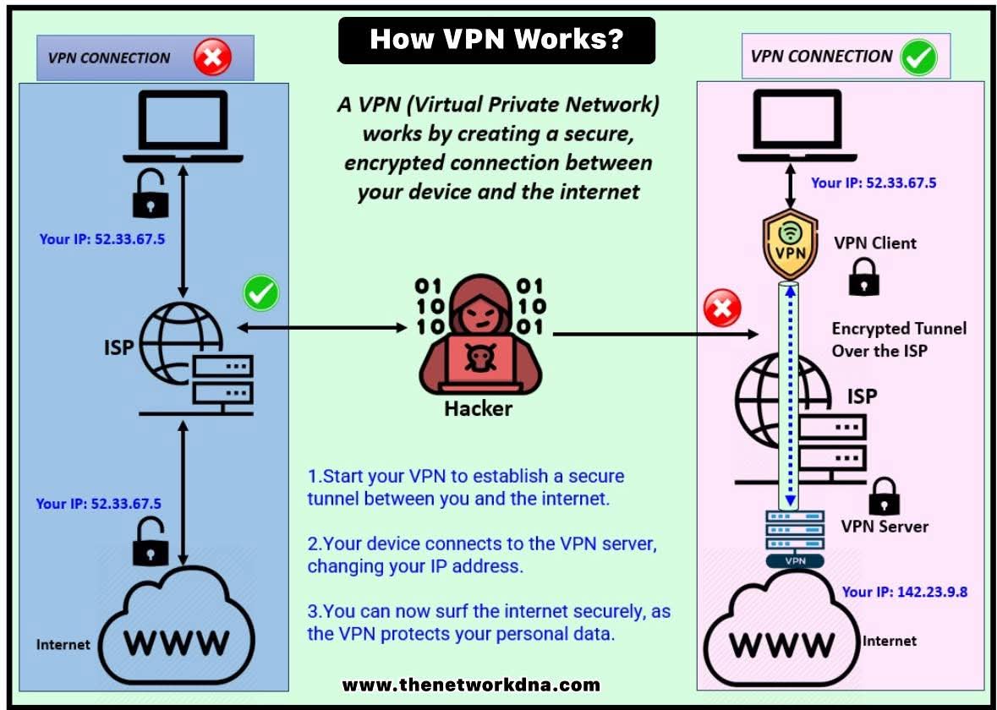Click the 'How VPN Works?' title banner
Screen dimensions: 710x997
click(496, 40)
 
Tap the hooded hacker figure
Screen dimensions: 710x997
click(479, 338)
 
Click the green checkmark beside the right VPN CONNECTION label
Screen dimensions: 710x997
click(918, 57)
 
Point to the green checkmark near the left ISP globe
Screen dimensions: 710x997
click(261, 293)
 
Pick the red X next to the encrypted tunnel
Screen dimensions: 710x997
click(722, 310)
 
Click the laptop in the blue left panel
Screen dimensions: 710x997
click(182, 129)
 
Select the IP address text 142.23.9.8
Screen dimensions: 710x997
click(904, 592)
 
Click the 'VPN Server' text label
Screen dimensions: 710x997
click(885, 527)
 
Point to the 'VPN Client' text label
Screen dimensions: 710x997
click(875, 243)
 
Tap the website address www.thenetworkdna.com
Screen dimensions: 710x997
click(471, 685)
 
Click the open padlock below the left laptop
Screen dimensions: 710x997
click(151, 196)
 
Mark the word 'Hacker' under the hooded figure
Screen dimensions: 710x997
click(479, 409)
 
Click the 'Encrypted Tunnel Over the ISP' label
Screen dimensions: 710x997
click(898, 339)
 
